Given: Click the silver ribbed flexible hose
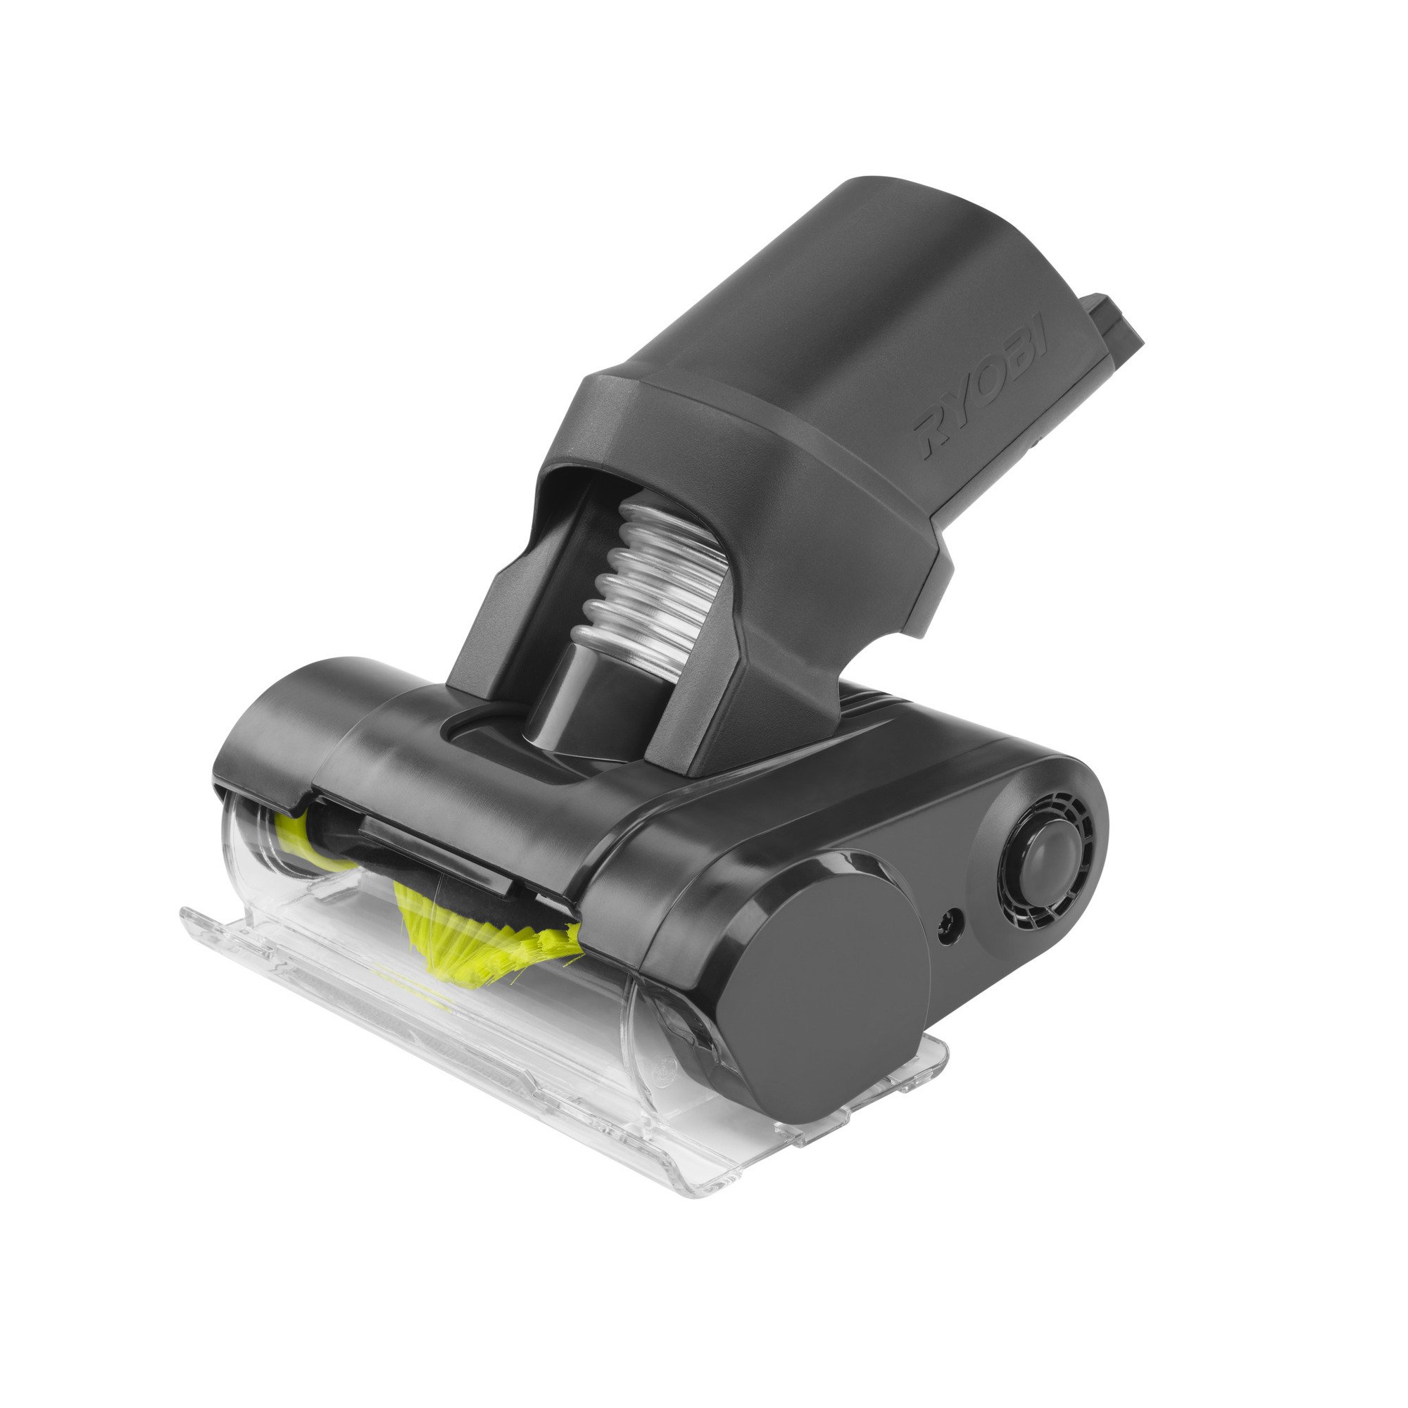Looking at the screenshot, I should click(x=656, y=583).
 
